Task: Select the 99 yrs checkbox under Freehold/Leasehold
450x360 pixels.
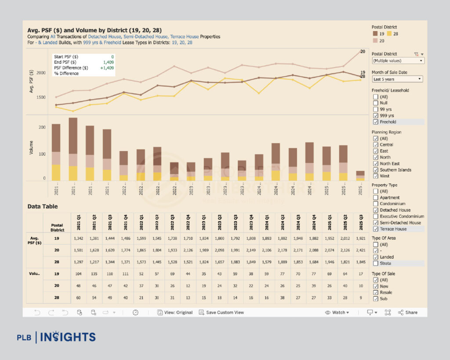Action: tap(376, 109)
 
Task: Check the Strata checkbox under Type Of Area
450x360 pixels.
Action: tap(376, 263)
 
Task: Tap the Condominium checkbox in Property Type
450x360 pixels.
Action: tap(376, 204)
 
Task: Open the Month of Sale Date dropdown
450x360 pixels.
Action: tap(397, 79)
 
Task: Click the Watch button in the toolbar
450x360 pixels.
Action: tap(337, 313)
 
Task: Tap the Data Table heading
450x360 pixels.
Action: tap(42, 206)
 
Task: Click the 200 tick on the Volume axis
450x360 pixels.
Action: tap(42, 127)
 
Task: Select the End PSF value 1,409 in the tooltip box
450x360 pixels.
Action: tap(108, 62)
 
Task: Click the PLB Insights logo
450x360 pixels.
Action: tap(56, 337)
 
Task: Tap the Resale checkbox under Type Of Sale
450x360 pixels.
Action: tap(376, 292)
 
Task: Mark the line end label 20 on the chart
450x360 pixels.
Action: tap(363, 52)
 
